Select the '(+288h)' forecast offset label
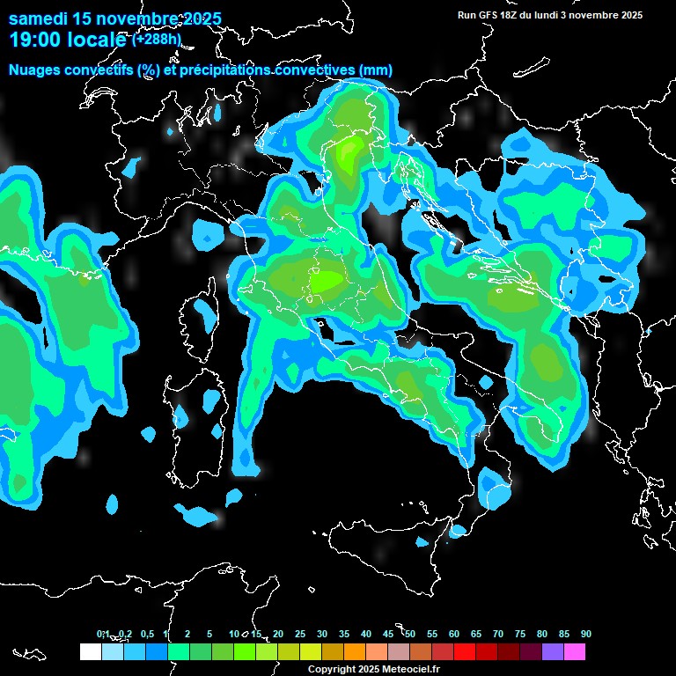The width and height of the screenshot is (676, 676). pyautogui.click(x=157, y=40)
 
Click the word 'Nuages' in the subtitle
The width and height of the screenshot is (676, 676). pyautogui.click(x=34, y=70)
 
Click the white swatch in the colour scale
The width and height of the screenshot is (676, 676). pyautogui.click(x=90, y=652)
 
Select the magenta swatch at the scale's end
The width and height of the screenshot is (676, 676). pyautogui.click(x=575, y=652)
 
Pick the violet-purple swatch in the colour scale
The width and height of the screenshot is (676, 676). pyautogui.click(x=553, y=652)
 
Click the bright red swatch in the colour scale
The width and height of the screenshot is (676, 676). pyautogui.click(x=465, y=652)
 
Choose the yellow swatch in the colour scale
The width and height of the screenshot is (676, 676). pyautogui.click(x=311, y=652)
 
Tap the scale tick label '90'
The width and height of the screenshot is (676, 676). pyautogui.click(x=586, y=635)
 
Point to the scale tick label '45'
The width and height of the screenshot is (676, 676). pyautogui.click(x=388, y=635)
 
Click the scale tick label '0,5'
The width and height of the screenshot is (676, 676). pyautogui.click(x=147, y=635)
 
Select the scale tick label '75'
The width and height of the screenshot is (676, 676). pyautogui.click(x=520, y=635)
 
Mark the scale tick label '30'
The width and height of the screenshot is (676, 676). pyautogui.click(x=322, y=635)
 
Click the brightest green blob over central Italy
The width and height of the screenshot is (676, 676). pyautogui.click(x=327, y=281)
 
